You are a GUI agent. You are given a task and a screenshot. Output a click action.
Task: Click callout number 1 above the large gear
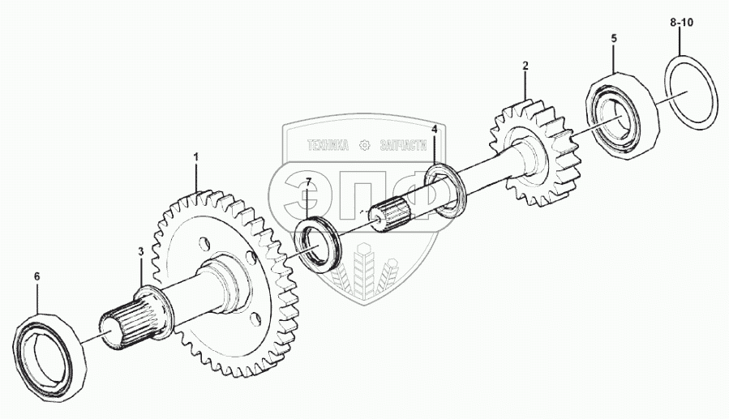coord(195,155)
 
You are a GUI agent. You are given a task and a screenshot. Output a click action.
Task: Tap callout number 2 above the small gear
coord(525,65)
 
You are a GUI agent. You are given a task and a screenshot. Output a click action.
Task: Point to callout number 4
coord(435,130)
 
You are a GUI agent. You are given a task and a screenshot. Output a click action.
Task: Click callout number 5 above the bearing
coord(614,38)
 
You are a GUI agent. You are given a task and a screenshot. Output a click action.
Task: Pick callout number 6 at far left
coord(36,277)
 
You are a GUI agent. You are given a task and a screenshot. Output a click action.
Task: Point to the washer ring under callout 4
coord(445,190)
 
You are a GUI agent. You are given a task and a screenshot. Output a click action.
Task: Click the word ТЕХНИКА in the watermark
coord(327,145)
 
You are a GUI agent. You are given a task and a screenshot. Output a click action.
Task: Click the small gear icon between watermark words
coord(363,145)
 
